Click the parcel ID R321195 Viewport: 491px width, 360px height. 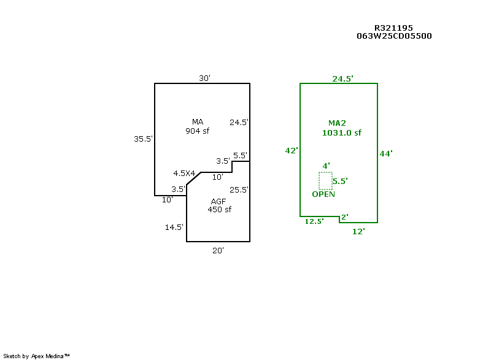393,28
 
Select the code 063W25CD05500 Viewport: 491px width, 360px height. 394,36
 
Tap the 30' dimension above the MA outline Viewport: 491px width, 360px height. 204,78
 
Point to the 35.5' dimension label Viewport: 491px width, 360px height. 144,139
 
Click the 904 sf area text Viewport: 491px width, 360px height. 198,130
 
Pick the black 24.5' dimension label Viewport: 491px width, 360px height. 239,122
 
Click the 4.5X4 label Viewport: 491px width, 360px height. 184,173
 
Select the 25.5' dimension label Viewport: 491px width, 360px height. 239,190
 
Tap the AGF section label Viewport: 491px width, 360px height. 218,201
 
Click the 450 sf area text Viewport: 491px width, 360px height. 219,209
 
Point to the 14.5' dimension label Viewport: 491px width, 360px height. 174,227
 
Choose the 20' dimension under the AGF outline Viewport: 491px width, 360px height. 218,250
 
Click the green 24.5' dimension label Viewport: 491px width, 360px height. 342,79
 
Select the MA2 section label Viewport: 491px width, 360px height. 337,123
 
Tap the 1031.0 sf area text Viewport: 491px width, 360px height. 341,132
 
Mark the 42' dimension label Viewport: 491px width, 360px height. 292,150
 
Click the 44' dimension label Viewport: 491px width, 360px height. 386,153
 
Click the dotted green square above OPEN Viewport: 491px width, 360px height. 325,180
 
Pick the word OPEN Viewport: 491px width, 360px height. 323,194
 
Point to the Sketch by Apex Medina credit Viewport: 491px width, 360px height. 37,356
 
